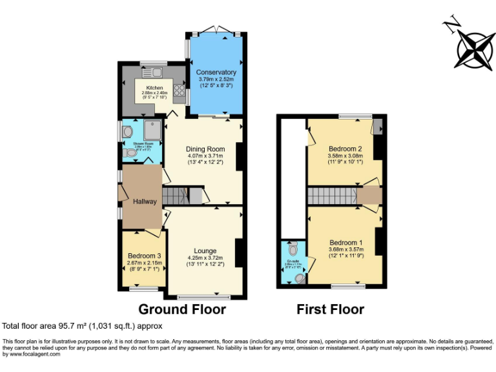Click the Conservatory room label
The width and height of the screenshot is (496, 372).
coord(216,72)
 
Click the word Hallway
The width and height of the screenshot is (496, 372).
coord(145,201)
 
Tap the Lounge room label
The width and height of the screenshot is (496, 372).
coord(205,251)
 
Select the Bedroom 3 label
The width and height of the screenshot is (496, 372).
coord(144,256)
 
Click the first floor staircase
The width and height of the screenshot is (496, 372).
coord(331,196)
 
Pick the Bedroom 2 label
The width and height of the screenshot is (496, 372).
coord(345,149)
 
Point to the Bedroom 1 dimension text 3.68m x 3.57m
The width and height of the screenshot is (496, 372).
coord(346,249)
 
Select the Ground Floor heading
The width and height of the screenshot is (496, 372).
coord(182,309)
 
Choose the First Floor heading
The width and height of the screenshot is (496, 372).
coord(330,309)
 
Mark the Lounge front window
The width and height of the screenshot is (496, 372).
coord(204,297)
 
